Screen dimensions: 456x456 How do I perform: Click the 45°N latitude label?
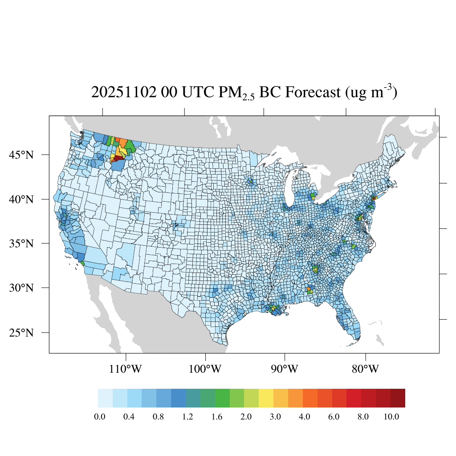[x=21, y=155]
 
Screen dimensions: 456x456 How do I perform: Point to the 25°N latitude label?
[x=21, y=333]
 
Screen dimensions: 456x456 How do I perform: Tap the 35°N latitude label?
[x=21, y=244]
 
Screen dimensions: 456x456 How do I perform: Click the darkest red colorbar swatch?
[x=398, y=398]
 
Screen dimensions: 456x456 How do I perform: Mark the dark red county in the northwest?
[x=118, y=158]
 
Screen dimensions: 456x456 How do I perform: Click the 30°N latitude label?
[x=21, y=288]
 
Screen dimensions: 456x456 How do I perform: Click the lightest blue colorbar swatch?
[x=105, y=398]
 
